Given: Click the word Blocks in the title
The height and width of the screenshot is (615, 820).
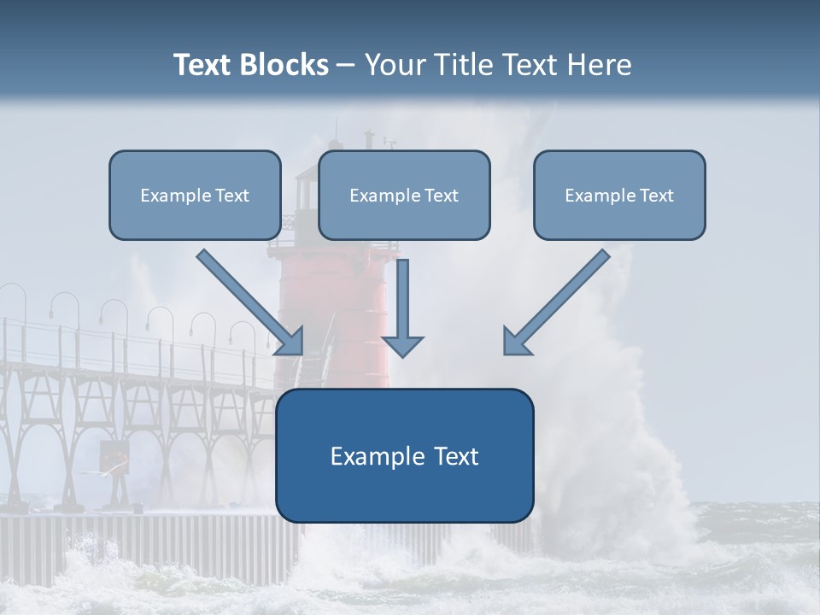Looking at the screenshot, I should pos(284,65).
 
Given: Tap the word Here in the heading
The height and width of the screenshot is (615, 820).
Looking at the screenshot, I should pos(598,65).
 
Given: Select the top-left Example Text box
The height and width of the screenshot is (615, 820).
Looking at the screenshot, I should pos(195,196).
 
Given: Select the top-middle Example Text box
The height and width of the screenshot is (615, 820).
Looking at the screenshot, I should pos(404,196).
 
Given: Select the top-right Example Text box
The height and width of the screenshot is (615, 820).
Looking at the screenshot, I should pos(619,196).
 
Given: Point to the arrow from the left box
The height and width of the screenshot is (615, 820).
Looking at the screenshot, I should pos(249,302).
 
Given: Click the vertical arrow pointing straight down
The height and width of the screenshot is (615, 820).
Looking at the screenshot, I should pos(402,303).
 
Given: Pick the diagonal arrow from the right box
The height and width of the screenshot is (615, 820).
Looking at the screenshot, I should pos(557,302).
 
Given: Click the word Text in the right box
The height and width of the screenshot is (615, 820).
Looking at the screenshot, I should pos(656,196).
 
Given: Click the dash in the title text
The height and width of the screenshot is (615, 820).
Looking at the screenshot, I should pos(346,65).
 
